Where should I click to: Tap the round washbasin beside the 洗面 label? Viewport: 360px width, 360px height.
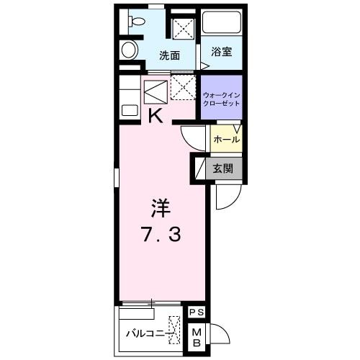pyautogui.click(x=129, y=49)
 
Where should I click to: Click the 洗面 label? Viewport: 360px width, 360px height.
pyautogui.click(x=169, y=55)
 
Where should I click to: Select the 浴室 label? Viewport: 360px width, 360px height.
pyautogui.click(x=221, y=52)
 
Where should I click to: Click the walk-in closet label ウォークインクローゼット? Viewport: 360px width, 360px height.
pyautogui.click(x=222, y=98)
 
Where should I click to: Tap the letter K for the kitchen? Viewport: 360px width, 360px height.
pyautogui.click(x=155, y=115)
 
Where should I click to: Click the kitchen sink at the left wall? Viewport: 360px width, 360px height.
pyautogui.click(x=129, y=110)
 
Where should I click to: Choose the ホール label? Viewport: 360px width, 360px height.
pyautogui.click(x=226, y=139)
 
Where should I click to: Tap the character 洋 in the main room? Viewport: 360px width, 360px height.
pyautogui.click(x=160, y=208)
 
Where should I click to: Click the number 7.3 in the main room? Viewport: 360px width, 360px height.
pyautogui.click(x=160, y=233)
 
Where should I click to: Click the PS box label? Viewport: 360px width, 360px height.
pyautogui.click(x=195, y=312)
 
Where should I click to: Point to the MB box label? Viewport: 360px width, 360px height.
pyautogui.click(x=195, y=337)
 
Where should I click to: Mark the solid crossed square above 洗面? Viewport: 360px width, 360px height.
pyautogui.click(x=184, y=29)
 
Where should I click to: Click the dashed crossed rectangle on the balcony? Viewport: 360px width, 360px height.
pyautogui.click(x=174, y=330)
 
